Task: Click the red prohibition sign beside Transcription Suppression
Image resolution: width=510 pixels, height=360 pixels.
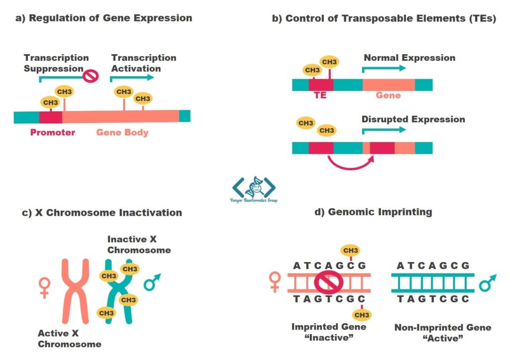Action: (x=91, y=76)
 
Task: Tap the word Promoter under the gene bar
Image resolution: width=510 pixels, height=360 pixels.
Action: (x=53, y=132)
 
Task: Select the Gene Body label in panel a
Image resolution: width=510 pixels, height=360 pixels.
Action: (x=123, y=132)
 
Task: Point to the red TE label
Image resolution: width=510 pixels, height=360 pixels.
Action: (x=320, y=95)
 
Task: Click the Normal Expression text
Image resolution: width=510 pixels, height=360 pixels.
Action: (x=409, y=58)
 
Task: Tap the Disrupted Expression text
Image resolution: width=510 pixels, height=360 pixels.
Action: (x=413, y=120)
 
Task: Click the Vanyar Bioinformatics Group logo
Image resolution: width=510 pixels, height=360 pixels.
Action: (x=254, y=189)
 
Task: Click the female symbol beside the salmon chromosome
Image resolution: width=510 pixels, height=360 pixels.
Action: (x=45, y=288)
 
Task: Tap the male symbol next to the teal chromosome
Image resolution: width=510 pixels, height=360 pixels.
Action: (x=150, y=283)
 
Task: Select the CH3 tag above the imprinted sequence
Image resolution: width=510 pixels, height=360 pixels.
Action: (x=351, y=250)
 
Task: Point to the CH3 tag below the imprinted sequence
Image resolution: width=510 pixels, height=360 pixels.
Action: (x=362, y=315)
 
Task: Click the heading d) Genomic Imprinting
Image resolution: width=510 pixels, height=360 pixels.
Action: (x=373, y=212)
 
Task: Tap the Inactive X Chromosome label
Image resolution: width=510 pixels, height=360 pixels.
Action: (x=139, y=244)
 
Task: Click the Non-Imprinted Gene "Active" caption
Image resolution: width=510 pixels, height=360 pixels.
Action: (x=443, y=333)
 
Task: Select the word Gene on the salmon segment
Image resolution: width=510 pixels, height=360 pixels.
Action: (x=388, y=95)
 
